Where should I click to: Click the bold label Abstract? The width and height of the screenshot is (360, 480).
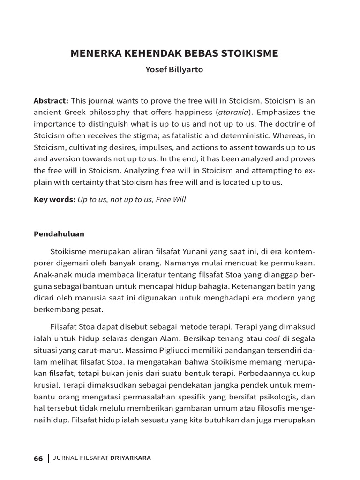(51, 100)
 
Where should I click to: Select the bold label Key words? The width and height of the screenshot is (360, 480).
(54, 200)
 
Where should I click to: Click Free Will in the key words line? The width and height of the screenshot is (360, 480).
(171, 200)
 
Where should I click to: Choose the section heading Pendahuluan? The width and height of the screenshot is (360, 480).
(59, 233)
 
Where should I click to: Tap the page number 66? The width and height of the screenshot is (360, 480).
(38, 458)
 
